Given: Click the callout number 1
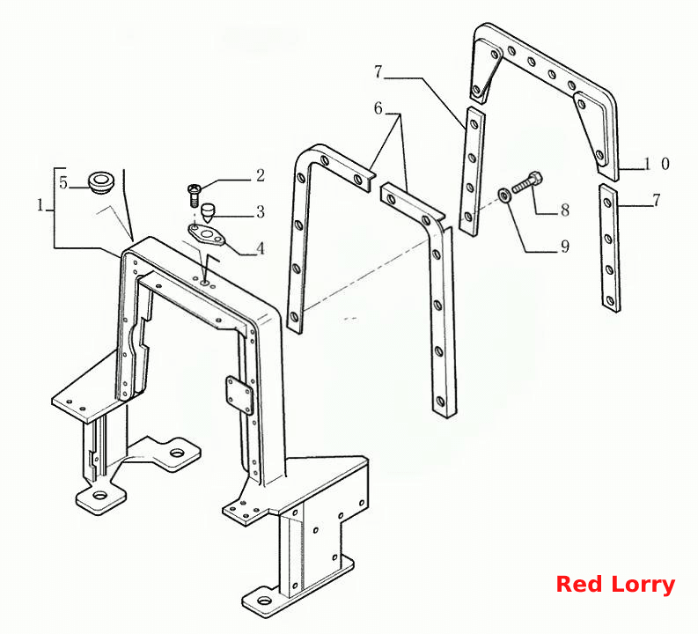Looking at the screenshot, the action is pos(40,205).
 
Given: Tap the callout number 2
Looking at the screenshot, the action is pos(261,175).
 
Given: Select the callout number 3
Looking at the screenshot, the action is pos(261,212).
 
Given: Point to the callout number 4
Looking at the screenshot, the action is pos(261,248).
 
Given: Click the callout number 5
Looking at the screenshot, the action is pos(63,182).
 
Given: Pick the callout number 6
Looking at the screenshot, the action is pos(378,108).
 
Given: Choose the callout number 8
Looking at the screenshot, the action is pos(565,210).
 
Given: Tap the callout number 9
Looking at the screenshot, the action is pos(565,247).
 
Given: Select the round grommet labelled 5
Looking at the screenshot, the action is pos(100,181).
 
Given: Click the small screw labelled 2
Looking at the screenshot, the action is pos(195,195).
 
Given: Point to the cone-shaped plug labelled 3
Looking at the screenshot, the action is pos(208,213).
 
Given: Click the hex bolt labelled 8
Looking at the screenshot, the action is pos(527,182).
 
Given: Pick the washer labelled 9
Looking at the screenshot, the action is pos(504,195).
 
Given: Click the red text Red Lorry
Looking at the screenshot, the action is pos(615,584).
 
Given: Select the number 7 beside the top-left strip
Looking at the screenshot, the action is pos(378,71).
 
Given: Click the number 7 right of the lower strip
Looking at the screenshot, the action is pos(657,201).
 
